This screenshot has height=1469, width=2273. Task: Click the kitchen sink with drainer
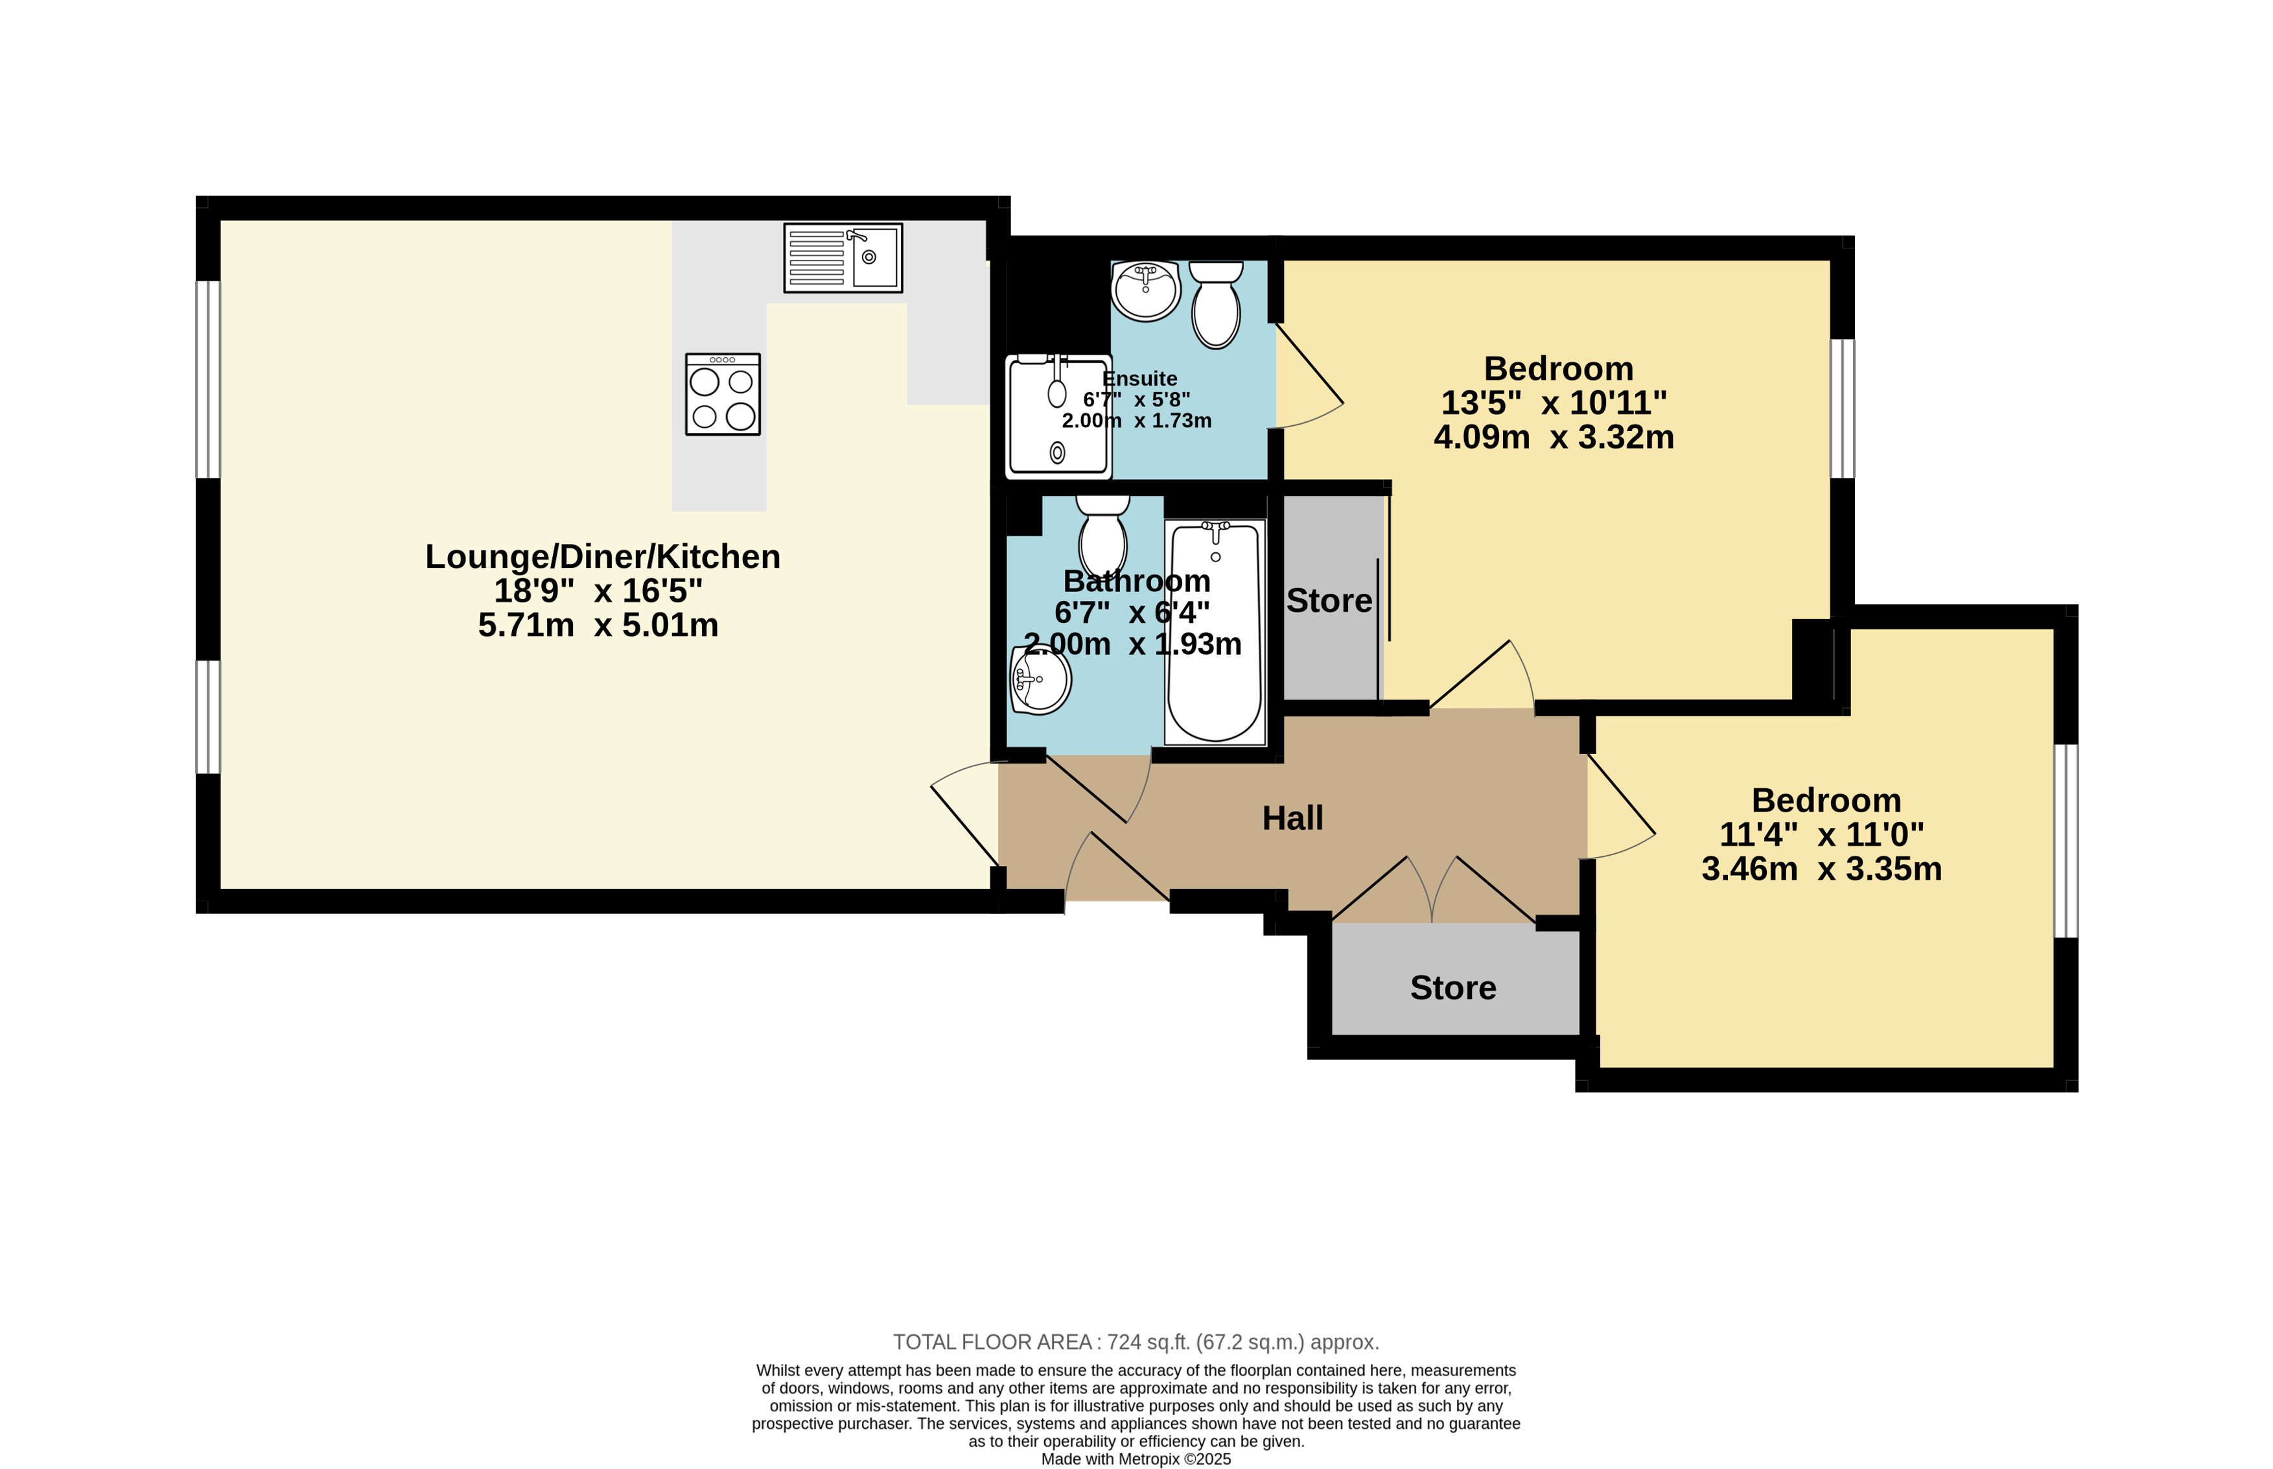(x=843, y=257)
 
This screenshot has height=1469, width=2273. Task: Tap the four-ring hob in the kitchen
(x=723, y=394)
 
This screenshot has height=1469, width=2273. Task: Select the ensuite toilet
(x=1216, y=304)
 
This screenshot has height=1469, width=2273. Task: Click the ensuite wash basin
(x=1146, y=290)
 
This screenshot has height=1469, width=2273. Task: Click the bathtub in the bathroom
(x=1215, y=631)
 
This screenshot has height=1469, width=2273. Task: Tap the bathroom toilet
(x=1103, y=536)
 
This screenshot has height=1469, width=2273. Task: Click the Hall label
(x=1293, y=817)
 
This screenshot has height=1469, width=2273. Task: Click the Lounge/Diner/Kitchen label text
(x=603, y=556)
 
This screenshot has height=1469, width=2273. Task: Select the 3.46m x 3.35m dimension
(x=1822, y=869)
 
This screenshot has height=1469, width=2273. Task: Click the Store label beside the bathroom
(x=1329, y=600)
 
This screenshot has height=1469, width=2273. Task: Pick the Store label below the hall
(x=1453, y=987)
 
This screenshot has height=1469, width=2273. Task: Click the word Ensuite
(x=1139, y=379)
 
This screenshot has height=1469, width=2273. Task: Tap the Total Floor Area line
(x=1136, y=1342)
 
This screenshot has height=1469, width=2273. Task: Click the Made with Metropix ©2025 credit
(x=1136, y=1459)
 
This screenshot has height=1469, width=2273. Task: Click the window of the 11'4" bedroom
(x=2066, y=840)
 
